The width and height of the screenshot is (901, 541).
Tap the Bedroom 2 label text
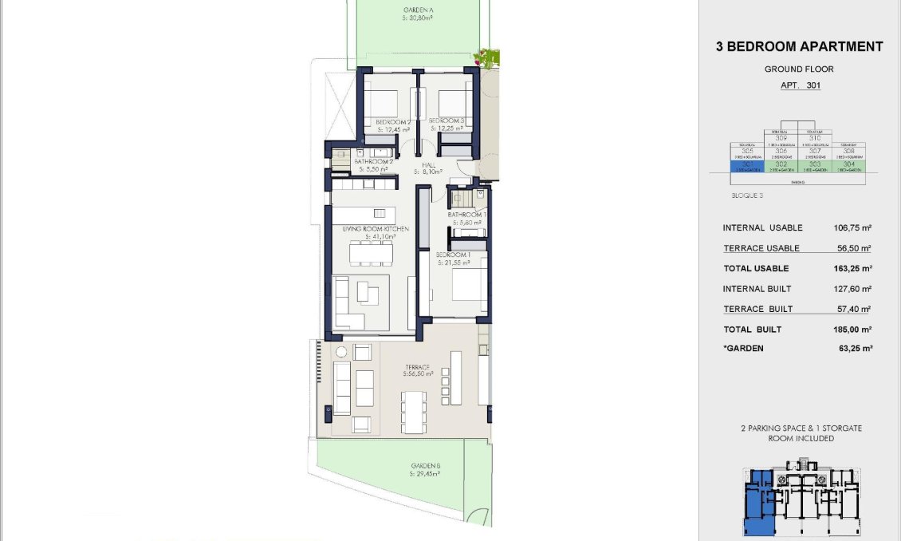392,121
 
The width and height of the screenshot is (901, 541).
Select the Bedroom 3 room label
447,121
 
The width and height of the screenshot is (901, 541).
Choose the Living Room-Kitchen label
376,229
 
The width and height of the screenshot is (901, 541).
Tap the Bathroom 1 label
466,215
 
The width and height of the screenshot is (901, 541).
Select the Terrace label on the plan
417,368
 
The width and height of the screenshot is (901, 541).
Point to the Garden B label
426,466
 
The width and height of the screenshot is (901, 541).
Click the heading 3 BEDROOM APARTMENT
799,46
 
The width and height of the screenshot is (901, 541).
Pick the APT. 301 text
799,85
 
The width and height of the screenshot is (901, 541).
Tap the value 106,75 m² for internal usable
852,227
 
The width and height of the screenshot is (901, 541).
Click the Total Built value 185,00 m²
852,330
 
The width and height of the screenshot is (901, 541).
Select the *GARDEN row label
743,349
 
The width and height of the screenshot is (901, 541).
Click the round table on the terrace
340,351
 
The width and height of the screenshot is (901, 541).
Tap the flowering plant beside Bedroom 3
486,57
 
